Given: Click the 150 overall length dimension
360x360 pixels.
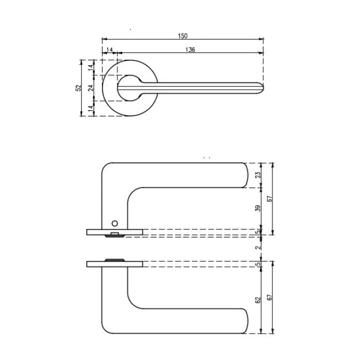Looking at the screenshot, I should tap(182, 36).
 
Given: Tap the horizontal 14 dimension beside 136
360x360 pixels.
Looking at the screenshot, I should tap(109, 49).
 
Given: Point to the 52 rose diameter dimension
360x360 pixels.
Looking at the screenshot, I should tap(78, 88).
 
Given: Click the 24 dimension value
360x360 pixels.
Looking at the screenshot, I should tap(91, 88).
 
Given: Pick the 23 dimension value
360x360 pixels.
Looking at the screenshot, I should tap(259, 175).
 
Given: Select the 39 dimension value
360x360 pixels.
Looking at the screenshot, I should tap(259, 208).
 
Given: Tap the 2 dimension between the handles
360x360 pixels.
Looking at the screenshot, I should tap(259, 247).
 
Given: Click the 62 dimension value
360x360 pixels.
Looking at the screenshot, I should tap(259, 300).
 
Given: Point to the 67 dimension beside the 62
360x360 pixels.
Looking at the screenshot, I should tap(269, 298).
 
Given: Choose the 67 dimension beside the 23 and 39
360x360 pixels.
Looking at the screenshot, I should tap(269, 198).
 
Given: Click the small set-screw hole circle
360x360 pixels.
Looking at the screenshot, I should tap(115, 224).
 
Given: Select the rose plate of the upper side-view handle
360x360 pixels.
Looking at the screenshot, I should tap(114, 231).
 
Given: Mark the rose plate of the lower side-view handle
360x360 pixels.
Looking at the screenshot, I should tap(114, 264).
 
